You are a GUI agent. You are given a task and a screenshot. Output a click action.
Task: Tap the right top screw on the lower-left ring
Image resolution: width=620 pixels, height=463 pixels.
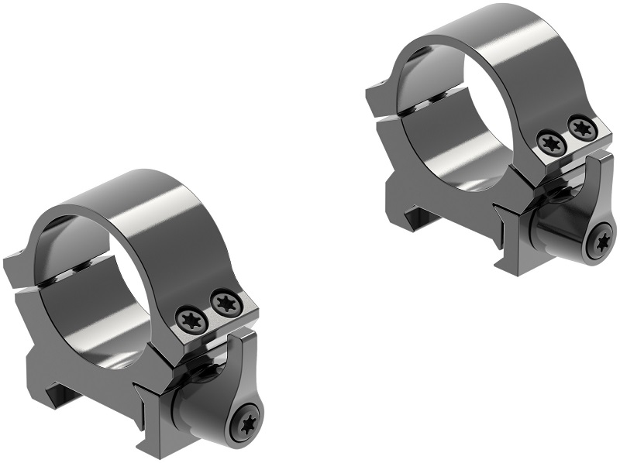[226, 303]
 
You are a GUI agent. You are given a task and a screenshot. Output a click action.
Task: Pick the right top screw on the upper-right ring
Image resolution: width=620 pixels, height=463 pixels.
[581, 128]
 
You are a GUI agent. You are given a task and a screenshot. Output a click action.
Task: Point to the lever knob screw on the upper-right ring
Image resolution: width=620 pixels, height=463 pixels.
[601, 244]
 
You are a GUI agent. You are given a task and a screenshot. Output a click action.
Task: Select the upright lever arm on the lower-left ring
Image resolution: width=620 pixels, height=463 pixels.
[247, 364]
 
